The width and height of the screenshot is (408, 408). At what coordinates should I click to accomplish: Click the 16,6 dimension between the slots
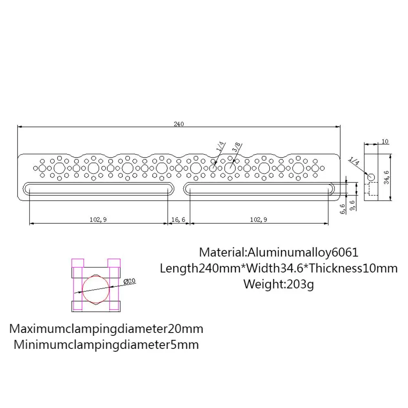click(178, 220)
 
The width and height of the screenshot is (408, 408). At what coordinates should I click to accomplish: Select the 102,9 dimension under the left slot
click(98, 220)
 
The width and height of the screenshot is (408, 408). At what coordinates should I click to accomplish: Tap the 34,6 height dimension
click(386, 177)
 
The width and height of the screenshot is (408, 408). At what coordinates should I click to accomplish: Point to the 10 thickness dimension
click(385, 142)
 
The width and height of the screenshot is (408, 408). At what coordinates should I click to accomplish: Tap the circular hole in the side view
click(371, 177)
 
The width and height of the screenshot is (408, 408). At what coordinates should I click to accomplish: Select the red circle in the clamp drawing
click(96, 289)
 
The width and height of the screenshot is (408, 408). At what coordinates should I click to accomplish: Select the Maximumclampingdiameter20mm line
click(106, 328)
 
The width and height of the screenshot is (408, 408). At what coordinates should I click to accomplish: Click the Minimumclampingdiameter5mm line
click(106, 345)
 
